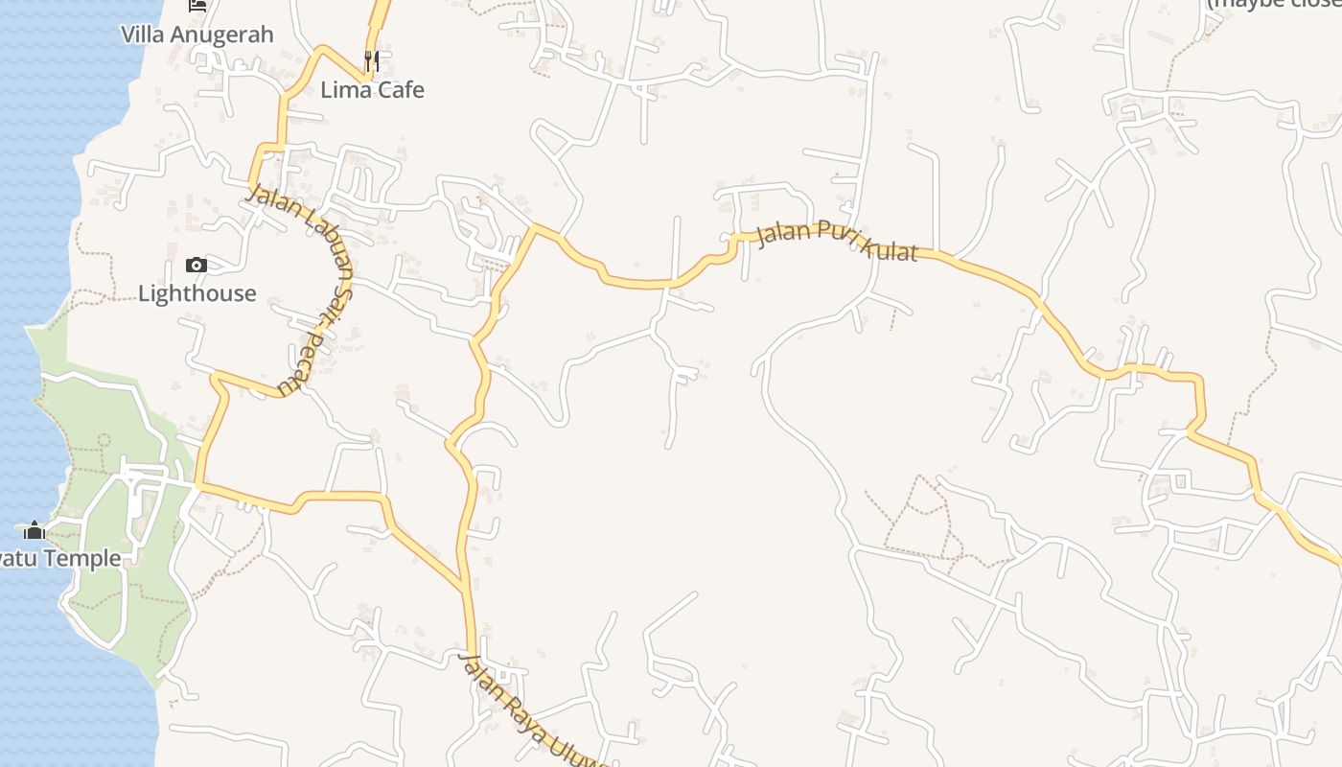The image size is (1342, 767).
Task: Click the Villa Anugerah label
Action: [x=197, y=35]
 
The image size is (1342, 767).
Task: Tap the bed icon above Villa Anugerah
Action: [x=197, y=5]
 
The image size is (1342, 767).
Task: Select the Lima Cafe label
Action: [x=372, y=90]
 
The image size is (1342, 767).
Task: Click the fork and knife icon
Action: [x=372, y=61]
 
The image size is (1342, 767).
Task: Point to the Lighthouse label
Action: [x=197, y=293]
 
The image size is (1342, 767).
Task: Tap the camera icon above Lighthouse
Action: [x=197, y=266]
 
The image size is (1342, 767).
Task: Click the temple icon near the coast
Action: [x=35, y=530]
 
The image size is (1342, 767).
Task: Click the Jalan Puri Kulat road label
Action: [x=837, y=242]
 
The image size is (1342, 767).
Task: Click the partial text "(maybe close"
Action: [x=1273, y=4]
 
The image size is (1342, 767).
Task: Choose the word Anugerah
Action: [x=226, y=35]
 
